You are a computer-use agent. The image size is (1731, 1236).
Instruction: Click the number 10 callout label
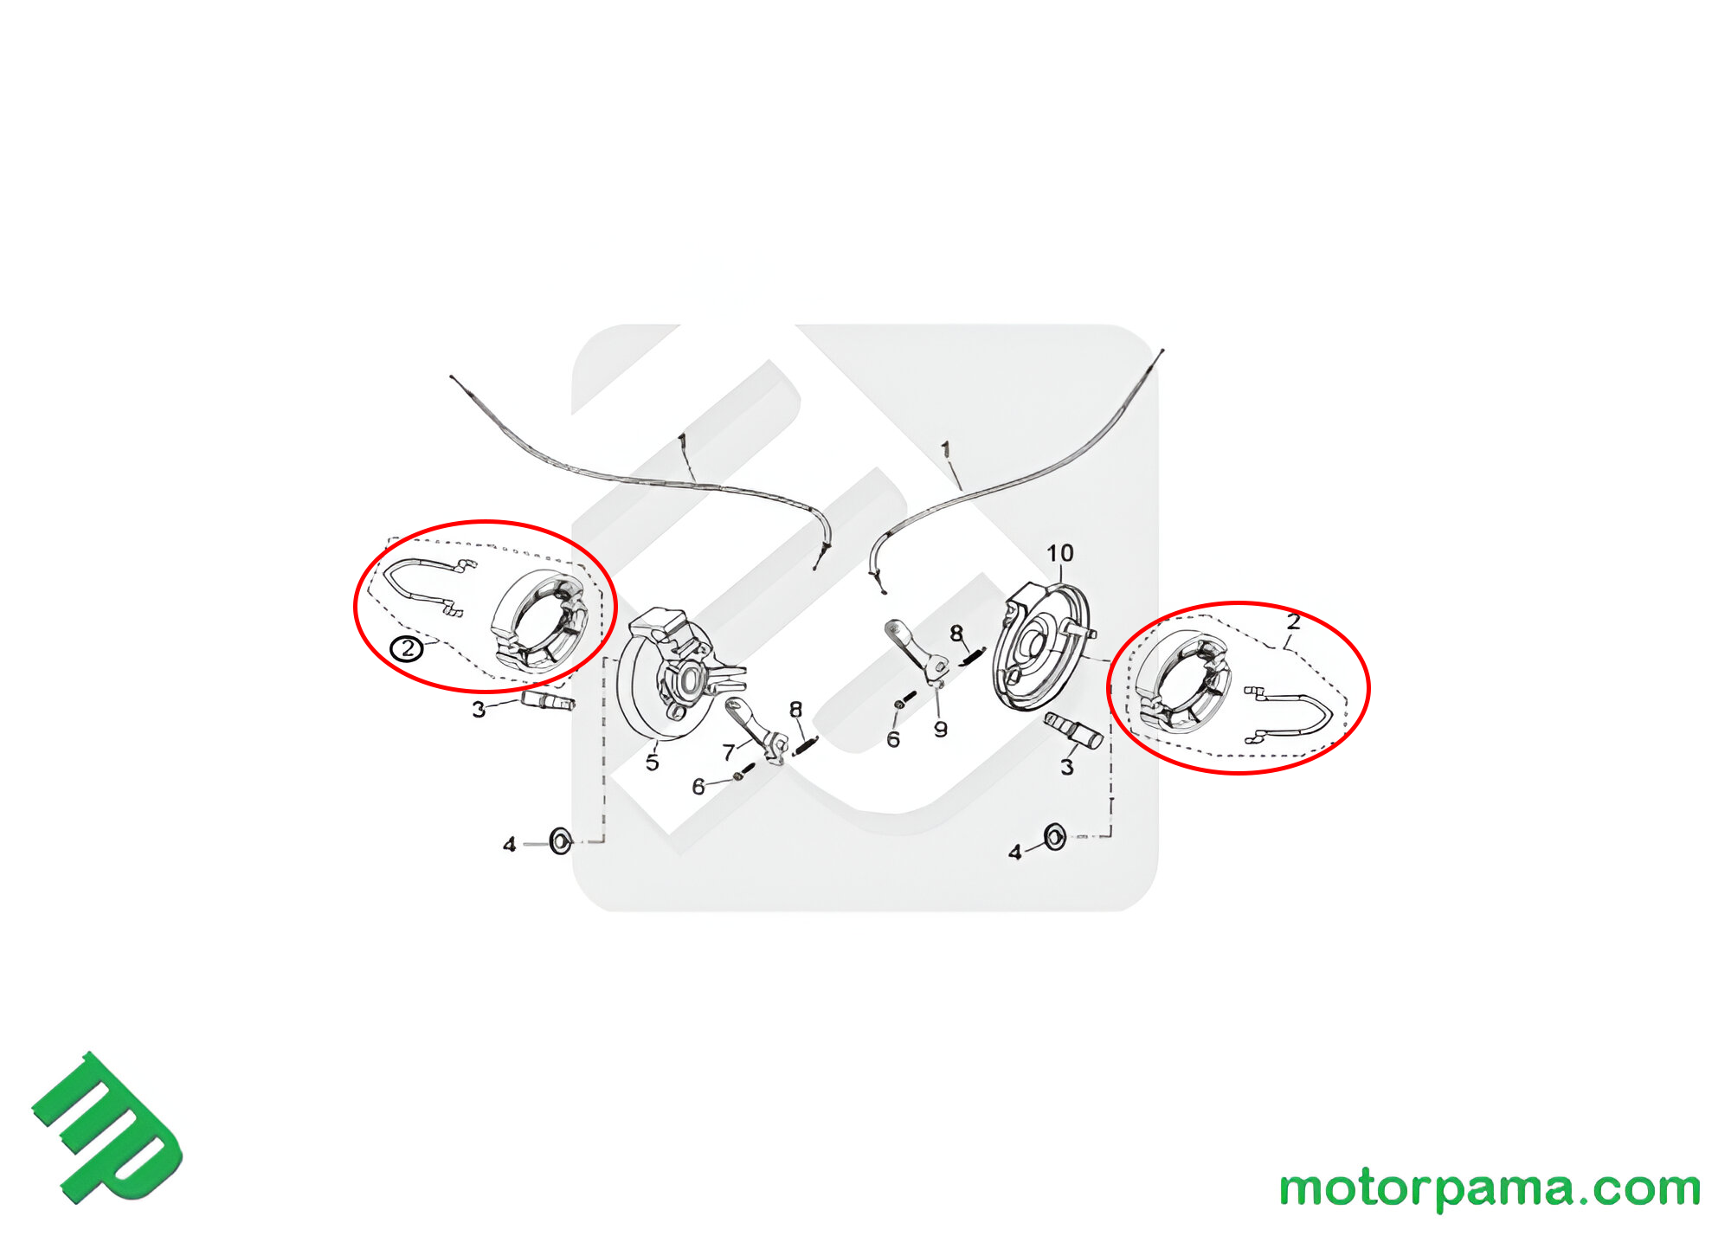pos(1059,553)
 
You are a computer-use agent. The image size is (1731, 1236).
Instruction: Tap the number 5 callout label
pos(652,763)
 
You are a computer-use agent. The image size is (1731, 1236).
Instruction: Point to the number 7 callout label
pos(728,753)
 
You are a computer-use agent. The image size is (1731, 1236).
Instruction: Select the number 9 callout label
pos(940,730)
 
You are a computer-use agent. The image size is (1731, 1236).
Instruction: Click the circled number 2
pos(406,648)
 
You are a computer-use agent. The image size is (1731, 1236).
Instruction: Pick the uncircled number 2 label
pos(1293,621)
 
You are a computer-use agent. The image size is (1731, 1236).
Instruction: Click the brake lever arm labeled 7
pos(756,732)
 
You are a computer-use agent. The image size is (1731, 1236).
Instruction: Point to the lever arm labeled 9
pos(917,651)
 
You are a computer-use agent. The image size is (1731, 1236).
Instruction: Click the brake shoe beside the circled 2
pos(539,620)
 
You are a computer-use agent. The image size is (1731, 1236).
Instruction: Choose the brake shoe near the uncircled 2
pos(1182,682)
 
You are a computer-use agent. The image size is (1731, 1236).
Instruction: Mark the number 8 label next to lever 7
pos(795,710)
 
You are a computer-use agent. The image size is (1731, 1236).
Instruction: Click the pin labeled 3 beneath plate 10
pos(1073,731)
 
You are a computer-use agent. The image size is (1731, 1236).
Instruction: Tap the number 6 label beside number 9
pos(893,740)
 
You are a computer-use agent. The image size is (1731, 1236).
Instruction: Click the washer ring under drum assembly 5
pos(561,840)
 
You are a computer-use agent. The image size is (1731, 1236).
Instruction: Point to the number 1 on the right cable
pos(945,450)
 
